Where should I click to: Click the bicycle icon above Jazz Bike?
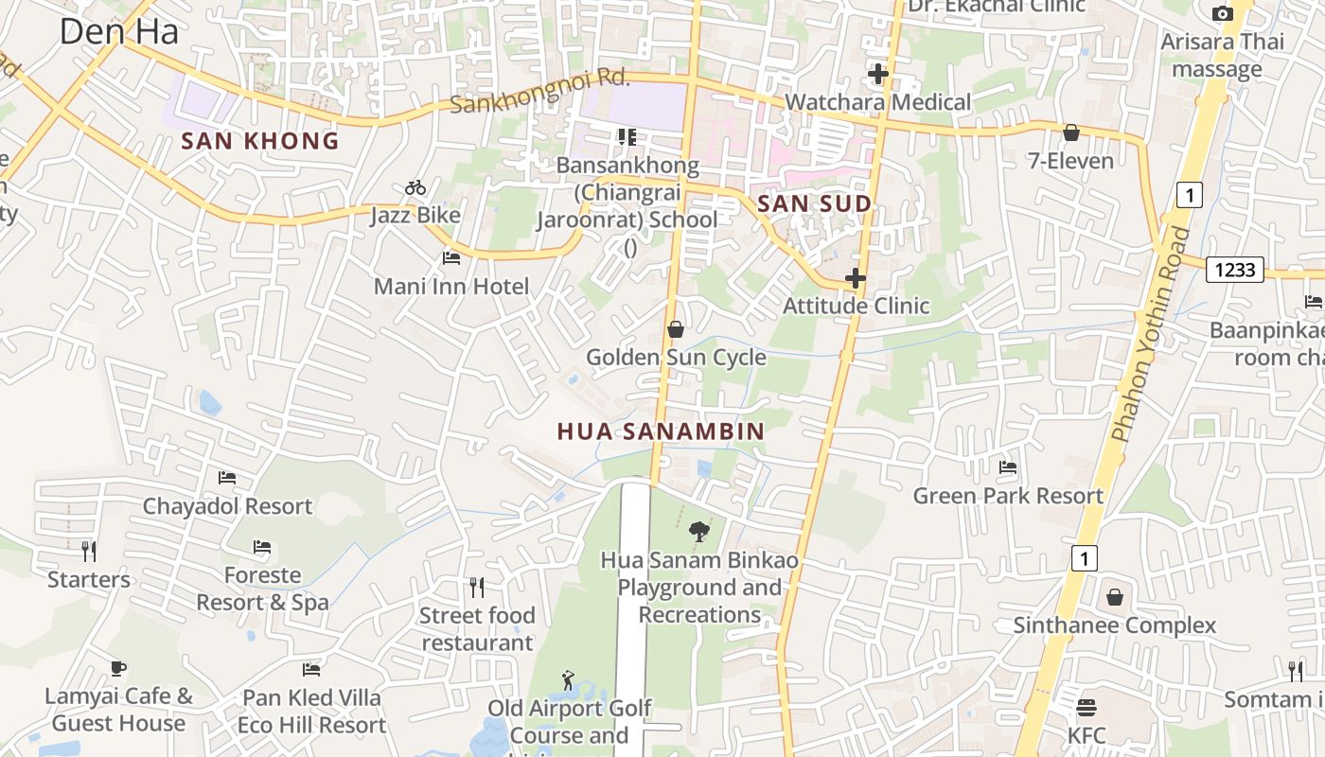[x=415, y=187]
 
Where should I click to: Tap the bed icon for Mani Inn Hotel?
[x=451, y=257]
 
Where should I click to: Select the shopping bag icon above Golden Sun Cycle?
[x=676, y=329]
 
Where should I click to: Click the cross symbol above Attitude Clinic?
[x=856, y=278]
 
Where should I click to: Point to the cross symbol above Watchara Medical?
[x=878, y=74]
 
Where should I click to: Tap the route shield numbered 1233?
[x=1235, y=270]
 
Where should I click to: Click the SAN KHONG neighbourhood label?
[x=259, y=141]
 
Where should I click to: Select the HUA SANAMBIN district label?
[x=661, y=431]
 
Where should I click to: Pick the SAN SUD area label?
[x=814, y=203]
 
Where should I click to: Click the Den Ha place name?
[x=118, y=31]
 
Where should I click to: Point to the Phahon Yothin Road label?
[x=1150, y=336]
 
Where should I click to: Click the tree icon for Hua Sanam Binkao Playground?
[x=699, y=532]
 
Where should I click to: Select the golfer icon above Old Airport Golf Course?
[x=568, y=680]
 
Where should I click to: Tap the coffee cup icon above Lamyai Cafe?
[x=118, y=668]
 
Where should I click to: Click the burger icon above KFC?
[x=1086, y=708]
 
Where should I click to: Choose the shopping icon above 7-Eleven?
[x=1071, y=132]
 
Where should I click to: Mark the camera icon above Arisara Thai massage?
[x=1223, y=13]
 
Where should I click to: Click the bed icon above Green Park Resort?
[x=1008, y=467]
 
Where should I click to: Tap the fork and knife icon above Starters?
[x=89, y=551]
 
